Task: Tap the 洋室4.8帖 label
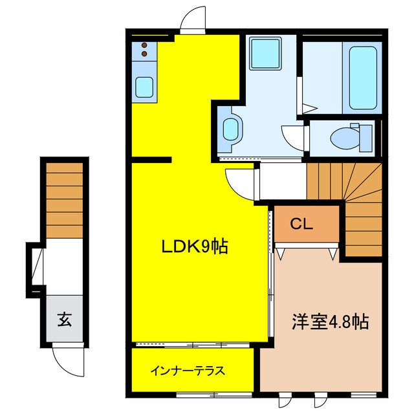[330, 321]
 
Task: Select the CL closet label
[301, 224]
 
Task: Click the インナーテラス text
[188, 371]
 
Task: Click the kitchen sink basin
[144, 86]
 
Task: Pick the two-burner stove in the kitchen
[144, 50]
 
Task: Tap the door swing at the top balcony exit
[192, 21]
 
